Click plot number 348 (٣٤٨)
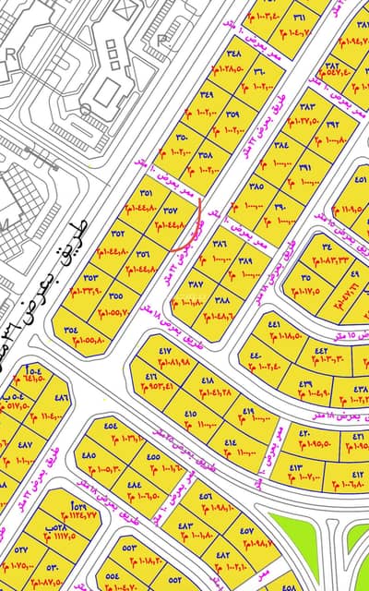[x=234, y=54]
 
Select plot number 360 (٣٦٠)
[x=259, y=71]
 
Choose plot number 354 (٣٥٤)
[x=71, y=330]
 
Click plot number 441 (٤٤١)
[x=275, y=325]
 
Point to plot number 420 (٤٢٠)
[x=305, y=431]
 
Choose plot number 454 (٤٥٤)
[x=110, y=426]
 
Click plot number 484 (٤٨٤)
[x=134, y=484]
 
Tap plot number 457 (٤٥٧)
[x=246, y=530]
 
